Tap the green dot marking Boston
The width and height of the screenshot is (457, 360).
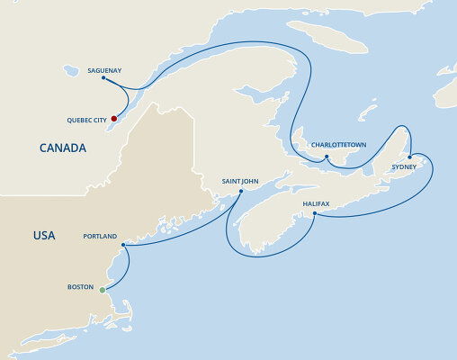click(x=103, y=289)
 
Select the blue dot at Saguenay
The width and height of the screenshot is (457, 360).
click(x=103, y=77)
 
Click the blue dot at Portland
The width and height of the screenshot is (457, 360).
click(x=122, y=244)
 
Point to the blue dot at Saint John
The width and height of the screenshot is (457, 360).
click(x=239, y=191)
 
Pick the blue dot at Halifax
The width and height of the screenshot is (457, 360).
click(x=313, y=212)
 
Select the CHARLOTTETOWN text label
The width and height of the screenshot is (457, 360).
click(x=337, y=144)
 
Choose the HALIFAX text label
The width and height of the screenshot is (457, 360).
click(x=316, y=203)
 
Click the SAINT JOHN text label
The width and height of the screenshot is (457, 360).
click(x=240, y=181)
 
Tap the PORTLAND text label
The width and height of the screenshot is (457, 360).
click(x=99, y=236)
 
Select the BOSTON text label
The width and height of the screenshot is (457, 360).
click(x=80, y=287)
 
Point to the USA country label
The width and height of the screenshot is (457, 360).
click(x=43, y=236)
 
